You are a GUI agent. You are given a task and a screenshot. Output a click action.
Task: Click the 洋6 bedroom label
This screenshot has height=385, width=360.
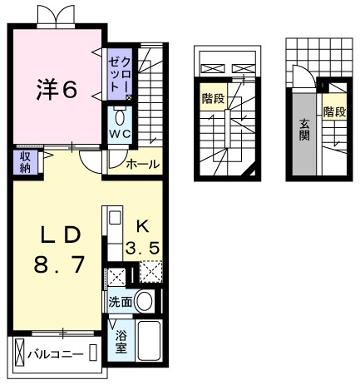point(56,88)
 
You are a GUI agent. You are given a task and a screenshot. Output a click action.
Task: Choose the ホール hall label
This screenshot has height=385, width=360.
point(142,165)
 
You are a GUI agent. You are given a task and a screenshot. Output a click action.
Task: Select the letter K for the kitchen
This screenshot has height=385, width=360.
point(142,225)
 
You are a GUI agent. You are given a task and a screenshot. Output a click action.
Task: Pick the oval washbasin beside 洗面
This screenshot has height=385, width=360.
point(145,301)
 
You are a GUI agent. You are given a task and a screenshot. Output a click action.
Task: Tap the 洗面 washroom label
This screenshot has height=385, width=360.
point(119,302)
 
